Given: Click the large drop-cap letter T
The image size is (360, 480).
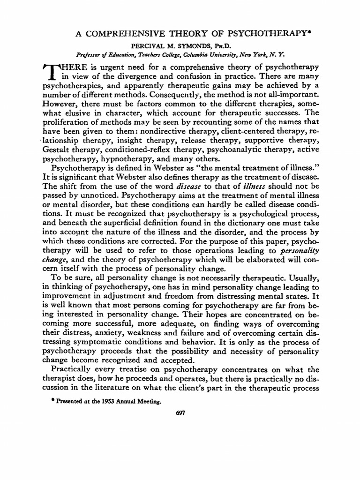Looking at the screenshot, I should click(x=53, y=71).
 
